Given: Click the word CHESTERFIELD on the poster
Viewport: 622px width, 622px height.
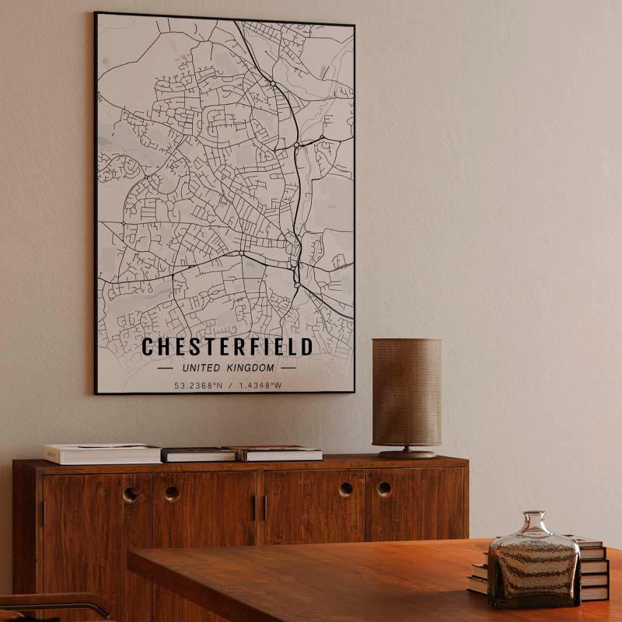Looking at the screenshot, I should coord(227,347).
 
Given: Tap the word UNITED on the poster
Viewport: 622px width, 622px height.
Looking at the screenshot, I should coord(201,368).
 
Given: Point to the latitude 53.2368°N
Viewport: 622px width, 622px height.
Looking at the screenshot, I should coord(199,385).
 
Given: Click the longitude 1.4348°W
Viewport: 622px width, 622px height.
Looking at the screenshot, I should coord(260,385).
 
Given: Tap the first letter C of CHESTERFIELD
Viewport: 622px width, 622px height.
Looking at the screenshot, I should coord(148,347).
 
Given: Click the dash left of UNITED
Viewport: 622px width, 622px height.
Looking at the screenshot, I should coord(165,368).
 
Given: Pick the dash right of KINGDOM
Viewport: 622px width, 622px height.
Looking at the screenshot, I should coord(288,368).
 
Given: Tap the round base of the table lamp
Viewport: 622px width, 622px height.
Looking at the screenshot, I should coord(407,453).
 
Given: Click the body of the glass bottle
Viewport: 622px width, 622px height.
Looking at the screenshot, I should coord(533,568).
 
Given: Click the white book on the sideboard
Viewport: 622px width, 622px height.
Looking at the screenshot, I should coord(102,453).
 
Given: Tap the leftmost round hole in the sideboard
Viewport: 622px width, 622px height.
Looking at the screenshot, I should coord(131,494).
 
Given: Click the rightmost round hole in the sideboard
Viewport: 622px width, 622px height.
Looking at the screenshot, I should coord(385,489).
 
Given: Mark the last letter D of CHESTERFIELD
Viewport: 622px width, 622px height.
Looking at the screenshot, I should coord(306,347).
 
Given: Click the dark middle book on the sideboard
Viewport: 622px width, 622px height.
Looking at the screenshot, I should coord(198,454).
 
